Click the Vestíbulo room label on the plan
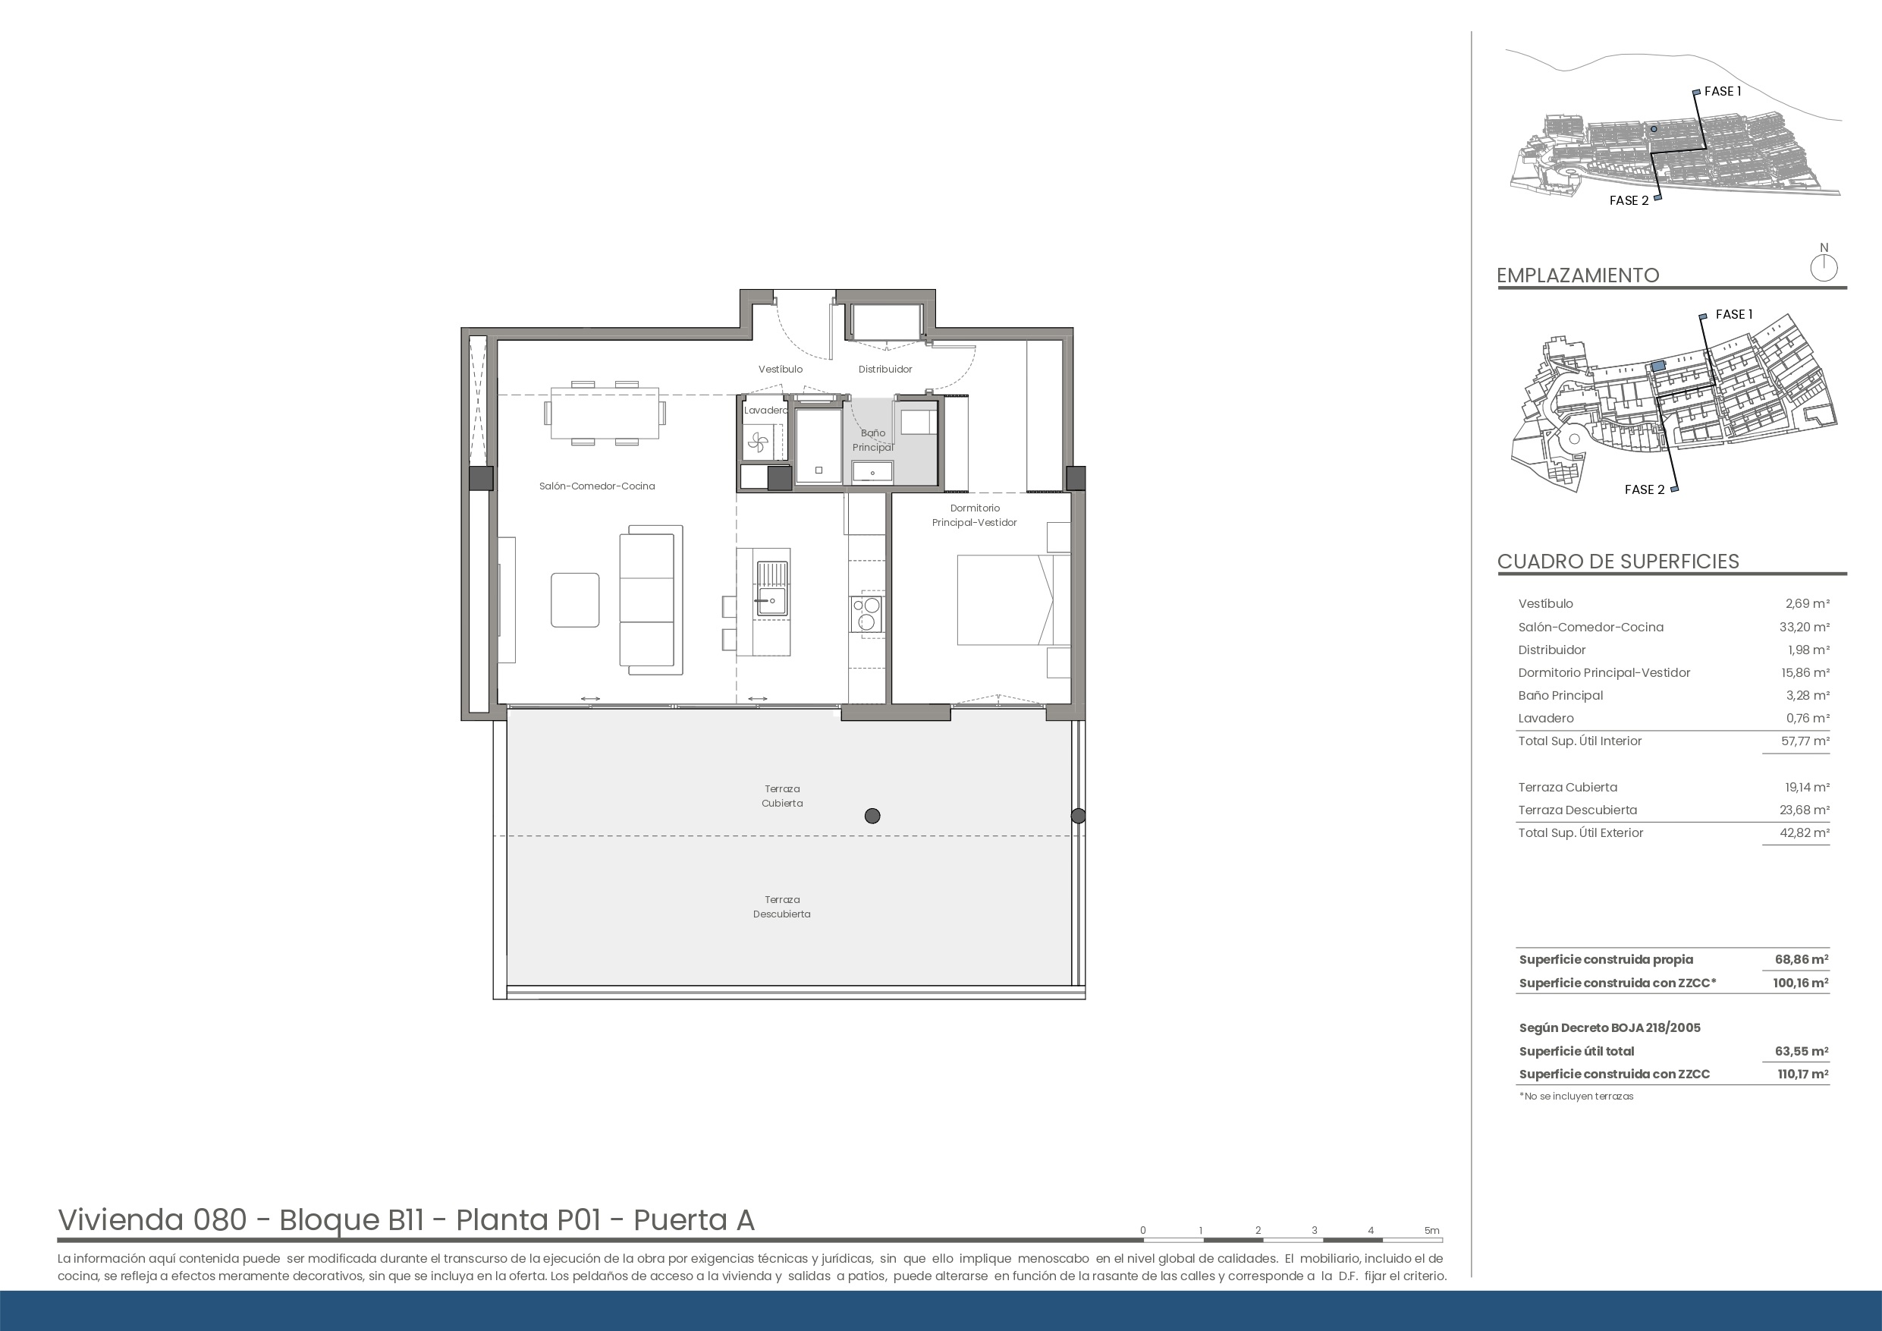781,369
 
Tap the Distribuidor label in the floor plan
885,369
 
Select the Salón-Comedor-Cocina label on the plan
597,486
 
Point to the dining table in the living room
605,414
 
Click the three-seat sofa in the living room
651,600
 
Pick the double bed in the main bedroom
1013,599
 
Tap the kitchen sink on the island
771,588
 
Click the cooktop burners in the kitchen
867,614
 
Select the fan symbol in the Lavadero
757,444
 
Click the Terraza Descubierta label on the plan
782,906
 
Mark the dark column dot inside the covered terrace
872,816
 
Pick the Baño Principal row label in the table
1560,695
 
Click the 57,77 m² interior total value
1804,741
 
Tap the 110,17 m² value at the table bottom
1802,1075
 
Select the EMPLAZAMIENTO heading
1578,275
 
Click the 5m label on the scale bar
1431,1230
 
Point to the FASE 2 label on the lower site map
1645,489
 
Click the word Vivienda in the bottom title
121,1220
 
